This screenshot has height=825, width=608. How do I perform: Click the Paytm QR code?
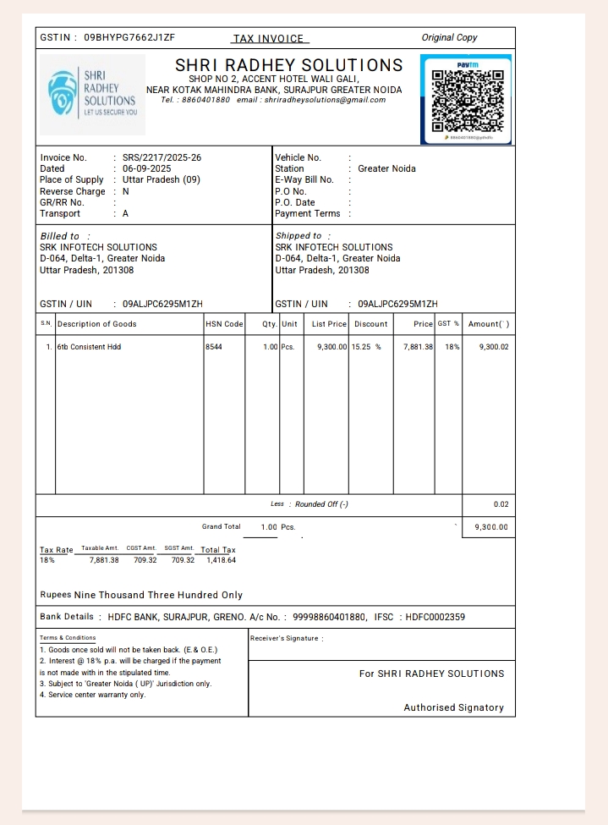click(x=467, y=99)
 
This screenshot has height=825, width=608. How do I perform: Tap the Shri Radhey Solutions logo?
click(x=92, y=94)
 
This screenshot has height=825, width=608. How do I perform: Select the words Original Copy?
click(x=449, y=38)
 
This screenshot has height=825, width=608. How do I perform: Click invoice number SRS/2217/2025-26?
click(x=162, y=157)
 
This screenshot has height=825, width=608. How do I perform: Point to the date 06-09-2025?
click(x=146, y=168)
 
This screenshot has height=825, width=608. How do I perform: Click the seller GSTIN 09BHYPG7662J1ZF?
click(x=129, y=38)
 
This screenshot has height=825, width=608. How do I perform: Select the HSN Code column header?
click(x=224, y=324)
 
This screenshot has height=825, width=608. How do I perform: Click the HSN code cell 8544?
click(x=214, y=347)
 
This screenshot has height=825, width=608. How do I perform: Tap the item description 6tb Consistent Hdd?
click(x=89, y=347)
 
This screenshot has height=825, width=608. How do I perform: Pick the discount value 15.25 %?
click(x=367, y=347)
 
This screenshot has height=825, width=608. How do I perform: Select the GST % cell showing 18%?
click(x=448, y=347)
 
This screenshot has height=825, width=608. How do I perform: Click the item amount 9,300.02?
click(x=493, y=347)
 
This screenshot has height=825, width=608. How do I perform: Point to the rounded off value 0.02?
click(x=501, y=504)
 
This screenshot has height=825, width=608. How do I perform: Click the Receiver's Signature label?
click(x=287, y=638)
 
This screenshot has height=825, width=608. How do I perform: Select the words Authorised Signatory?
click(x=453, y=707)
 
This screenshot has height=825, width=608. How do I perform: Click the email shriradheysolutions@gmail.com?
click(x=325, y=100)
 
